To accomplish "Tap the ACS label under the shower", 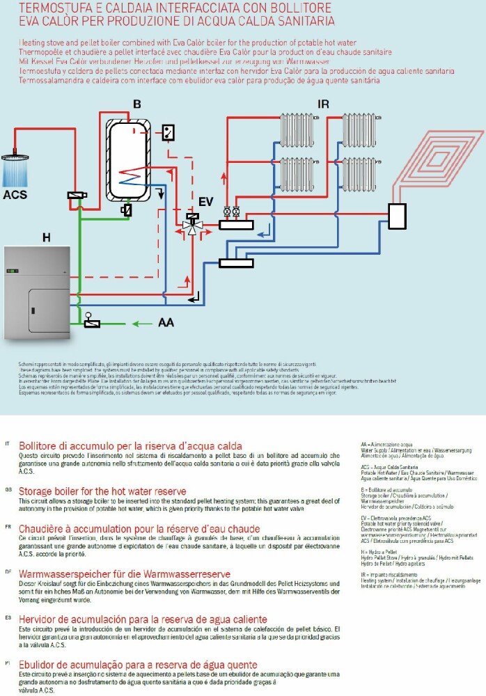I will (x=15, y=195).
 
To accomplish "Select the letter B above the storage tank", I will (x=137, y=105).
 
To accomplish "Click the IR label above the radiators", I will (x=323, y=105).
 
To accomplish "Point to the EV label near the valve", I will (x=206, y=201).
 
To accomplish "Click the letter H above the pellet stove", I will (x=47, y=238).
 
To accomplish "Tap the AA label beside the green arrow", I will (x=166, y=323).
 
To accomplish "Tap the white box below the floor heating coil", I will (x=398, y=216).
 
